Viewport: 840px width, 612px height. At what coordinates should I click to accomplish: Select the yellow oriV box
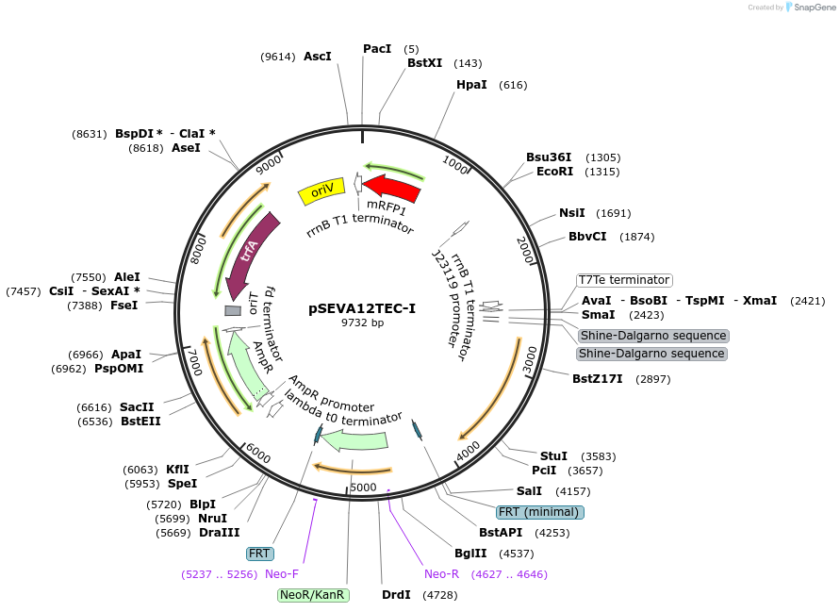point(321,191)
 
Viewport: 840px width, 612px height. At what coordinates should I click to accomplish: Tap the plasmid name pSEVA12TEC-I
point(362,308)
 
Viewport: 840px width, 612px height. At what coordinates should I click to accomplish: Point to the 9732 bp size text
point(362,323)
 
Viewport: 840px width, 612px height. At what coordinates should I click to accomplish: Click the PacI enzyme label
point(377,49)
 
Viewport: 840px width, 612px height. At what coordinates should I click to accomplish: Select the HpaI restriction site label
point(471,85)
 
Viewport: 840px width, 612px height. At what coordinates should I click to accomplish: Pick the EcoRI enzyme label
point(554,172)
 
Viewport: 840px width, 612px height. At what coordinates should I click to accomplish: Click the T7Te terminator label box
point(624,280)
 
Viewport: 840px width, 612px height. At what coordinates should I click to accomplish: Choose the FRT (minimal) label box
point(540,512)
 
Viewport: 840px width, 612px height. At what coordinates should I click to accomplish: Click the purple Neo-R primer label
point(441,573)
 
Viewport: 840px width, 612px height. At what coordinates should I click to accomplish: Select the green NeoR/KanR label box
point(313,595)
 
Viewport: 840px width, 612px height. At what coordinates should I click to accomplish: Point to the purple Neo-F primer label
point(282,573)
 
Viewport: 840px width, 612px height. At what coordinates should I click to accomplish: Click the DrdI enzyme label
point(396,595)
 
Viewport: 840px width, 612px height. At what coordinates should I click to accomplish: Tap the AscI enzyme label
point(318,57)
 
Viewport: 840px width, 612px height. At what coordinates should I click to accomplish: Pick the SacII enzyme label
point(137,406)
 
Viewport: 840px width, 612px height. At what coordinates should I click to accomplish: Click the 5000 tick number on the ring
point(363,488)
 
